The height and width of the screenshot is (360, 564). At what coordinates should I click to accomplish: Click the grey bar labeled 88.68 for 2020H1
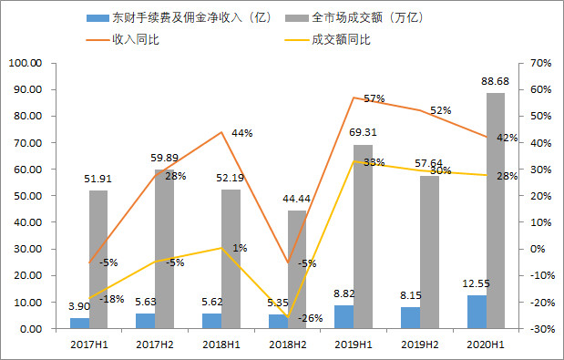pos(495,211)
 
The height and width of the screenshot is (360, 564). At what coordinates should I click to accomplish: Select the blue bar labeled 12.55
pos(476,312)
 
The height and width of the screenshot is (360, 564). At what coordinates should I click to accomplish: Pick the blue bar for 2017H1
pos(79,323)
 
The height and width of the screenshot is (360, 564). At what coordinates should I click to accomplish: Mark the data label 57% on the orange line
pos(374,98)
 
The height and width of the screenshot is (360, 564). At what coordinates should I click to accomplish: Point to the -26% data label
pos(312,318)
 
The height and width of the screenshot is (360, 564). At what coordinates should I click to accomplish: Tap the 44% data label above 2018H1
pos(241,133)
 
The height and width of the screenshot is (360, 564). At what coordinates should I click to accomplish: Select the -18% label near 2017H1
pos(110,299)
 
